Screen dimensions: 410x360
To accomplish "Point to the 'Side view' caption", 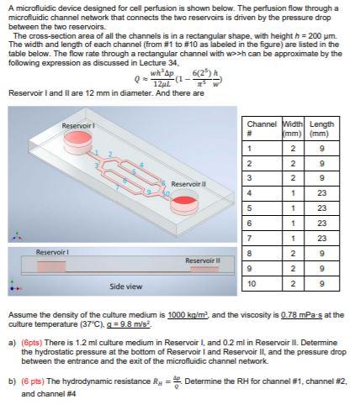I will (x=126, y=286).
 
